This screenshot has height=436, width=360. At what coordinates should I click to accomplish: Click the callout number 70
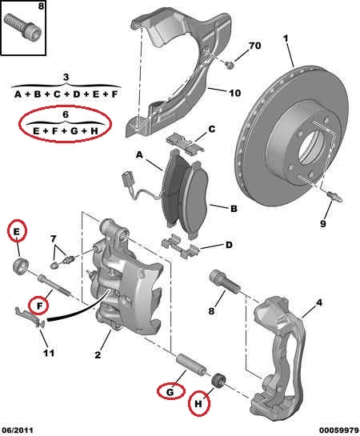pyautogui.click(x=254, y=46)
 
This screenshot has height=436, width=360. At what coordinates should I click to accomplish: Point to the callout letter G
pyautogui.click(x=170, y=392)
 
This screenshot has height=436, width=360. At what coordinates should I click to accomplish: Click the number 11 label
pyautogui.click(x=49, y=353)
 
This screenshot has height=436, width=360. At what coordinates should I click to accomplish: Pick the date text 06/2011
pyautogui.click(x=17, y=430)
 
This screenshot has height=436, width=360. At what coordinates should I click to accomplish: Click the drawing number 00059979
pyautogui.click(x=338, y=430)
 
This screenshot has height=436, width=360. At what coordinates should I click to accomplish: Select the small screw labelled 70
pyautogui.click(x=229, y=65)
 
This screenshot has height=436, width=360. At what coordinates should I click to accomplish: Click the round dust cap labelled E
pyautogui.click(x=21, y=266)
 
